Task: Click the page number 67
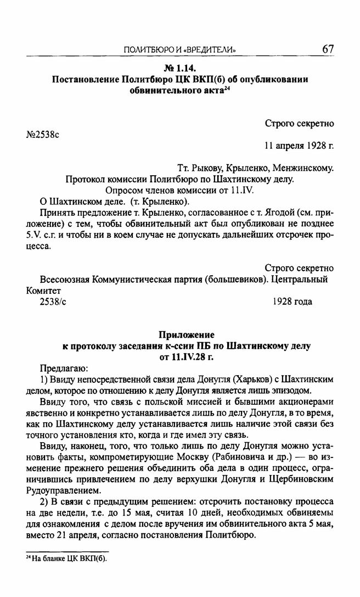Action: [328, 49]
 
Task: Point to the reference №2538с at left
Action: [43, 134]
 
